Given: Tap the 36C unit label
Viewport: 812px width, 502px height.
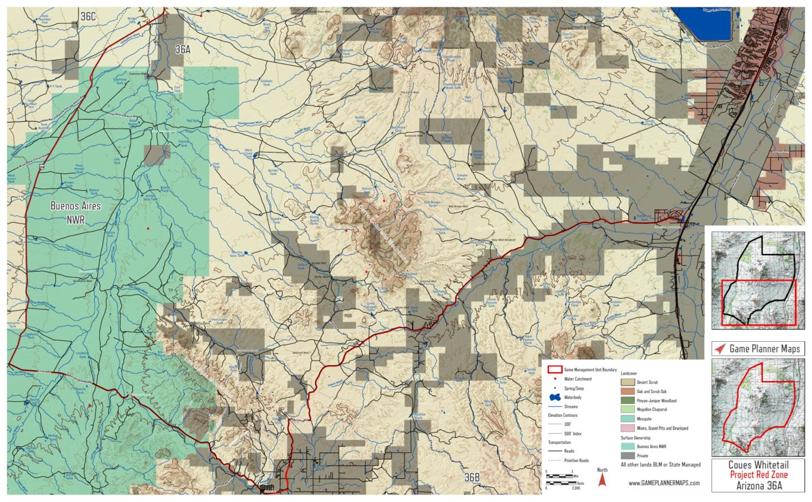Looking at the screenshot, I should click(x=89, y=16).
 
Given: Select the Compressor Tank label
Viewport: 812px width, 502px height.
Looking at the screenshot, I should click(x=445, y=230).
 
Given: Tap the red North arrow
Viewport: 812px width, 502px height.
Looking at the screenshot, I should click(x=602, y=480).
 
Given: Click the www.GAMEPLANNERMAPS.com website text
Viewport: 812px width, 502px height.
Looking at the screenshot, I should click(x=663, y=483).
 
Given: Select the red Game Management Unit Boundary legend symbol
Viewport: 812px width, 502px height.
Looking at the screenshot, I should click(x=555, y=369).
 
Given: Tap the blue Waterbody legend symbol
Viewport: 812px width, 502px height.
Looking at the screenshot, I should click(x=555, y=396).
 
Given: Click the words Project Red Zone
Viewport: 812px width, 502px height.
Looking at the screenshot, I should click(x=758, y=475).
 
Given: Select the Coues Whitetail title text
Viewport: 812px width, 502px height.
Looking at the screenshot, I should click(x=758, y=466).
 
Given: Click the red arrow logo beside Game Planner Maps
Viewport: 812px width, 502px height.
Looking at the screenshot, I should click(x=719, y=349).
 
